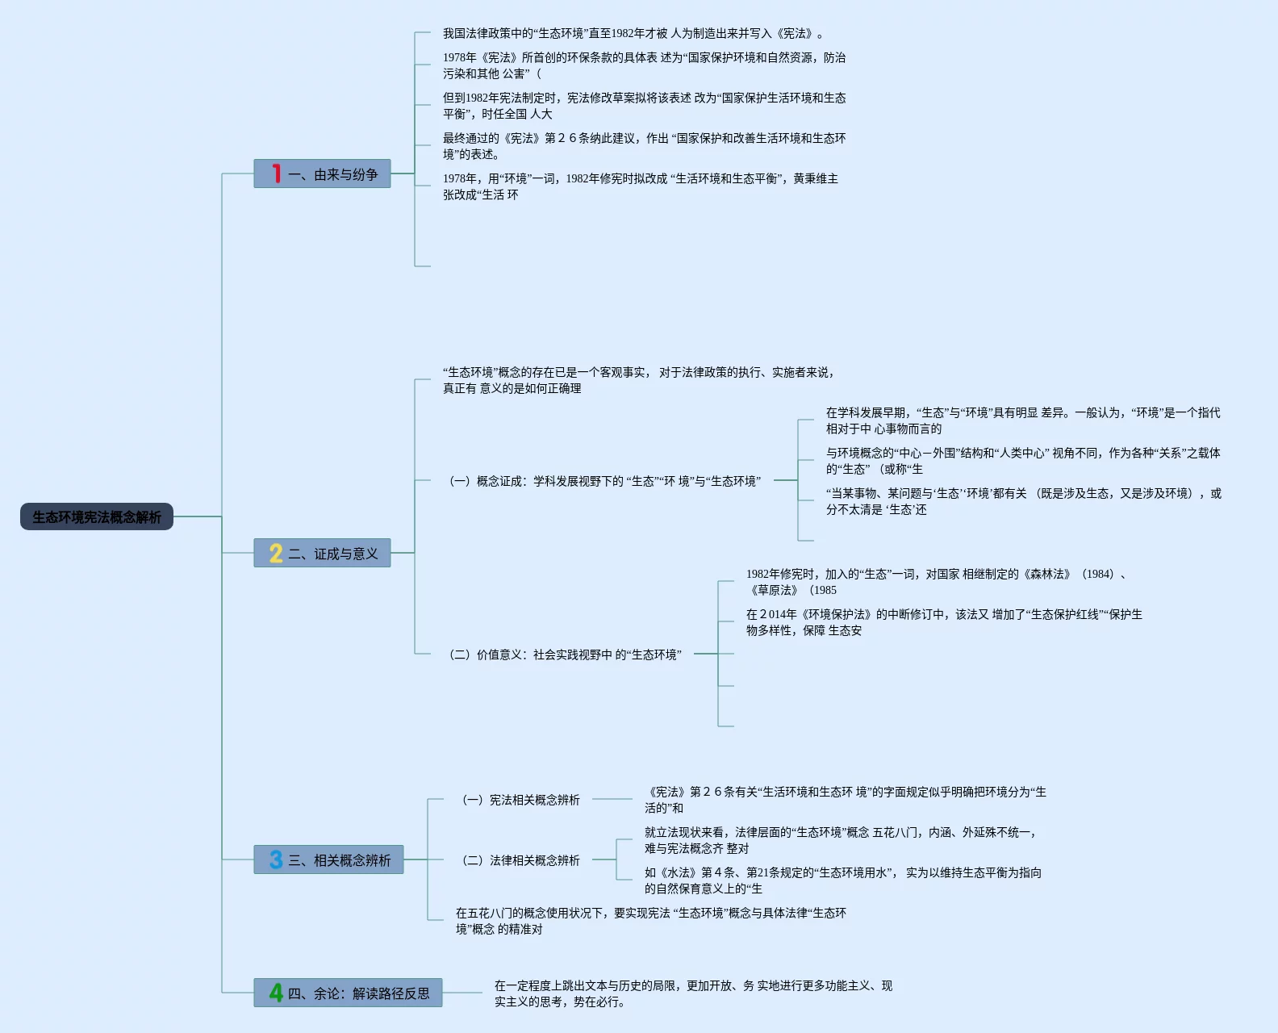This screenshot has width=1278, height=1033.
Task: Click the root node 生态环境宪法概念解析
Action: tap(97, 516)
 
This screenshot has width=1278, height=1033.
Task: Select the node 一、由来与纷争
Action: tap(332, 174)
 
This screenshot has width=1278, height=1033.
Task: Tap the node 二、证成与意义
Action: tap(332, 554)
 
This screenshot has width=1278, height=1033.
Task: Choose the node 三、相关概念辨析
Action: tap(339, 860)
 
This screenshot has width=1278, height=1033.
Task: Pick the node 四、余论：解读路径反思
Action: tap(358, 993)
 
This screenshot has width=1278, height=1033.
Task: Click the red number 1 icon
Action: tap(276, 174)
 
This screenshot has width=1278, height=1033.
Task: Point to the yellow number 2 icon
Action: tap(276, 553)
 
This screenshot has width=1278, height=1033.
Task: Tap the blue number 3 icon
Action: tap(276, 859)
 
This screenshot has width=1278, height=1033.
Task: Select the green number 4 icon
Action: tap(276, 993)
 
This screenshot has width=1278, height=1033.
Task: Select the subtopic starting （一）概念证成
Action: tap(604, 481)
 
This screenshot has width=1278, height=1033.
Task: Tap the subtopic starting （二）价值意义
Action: tap(565, 655)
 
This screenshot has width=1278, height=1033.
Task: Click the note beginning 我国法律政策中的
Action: tap(633, 34)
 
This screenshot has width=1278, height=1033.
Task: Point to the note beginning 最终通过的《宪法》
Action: tap(644, 146)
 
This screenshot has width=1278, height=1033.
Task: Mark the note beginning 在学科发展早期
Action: tap(1022, 420)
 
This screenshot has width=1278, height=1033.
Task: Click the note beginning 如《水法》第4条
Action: tap(842, 880)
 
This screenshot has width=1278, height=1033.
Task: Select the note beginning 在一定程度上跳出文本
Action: tap(693, 993)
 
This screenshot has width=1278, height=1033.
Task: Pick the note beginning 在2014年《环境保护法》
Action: tap(944, 622)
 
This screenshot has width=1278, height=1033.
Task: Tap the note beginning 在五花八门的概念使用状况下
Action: tap(650, 921)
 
